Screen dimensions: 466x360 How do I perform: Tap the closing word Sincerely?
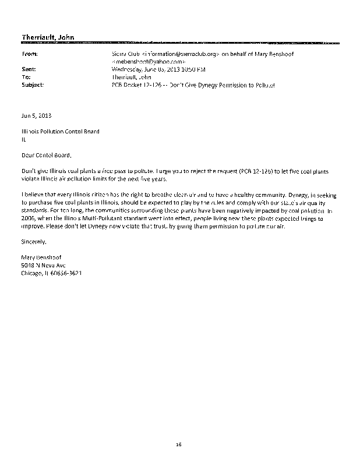pos(33,240)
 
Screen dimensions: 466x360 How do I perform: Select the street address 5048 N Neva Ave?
pos(43,264)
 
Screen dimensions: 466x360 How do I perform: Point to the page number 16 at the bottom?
pos(179,444)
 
